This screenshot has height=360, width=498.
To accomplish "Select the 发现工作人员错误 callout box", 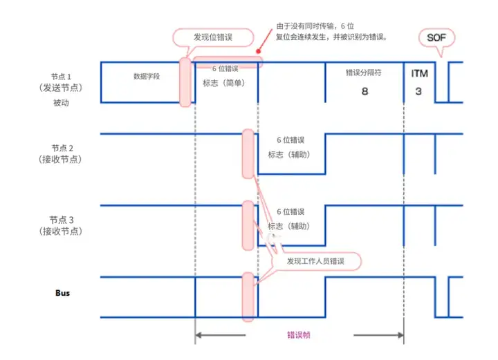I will (315, 262).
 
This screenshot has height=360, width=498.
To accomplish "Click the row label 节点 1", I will (62, 76).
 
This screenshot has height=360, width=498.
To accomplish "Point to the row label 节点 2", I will (62, 148).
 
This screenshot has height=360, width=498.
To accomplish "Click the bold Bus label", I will (63, 292).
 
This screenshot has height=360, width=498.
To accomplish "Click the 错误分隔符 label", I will (364, 73).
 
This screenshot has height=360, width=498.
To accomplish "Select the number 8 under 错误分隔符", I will (365, 91).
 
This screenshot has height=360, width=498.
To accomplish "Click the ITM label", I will (419, 73).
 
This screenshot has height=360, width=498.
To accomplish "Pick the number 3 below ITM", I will (419, 91).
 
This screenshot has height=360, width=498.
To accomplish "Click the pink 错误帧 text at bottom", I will (299, 335).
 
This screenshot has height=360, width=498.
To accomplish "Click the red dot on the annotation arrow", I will (257, 51).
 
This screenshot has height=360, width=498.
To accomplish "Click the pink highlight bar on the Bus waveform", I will (248, 297).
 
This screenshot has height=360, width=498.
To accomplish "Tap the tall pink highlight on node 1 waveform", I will (185, 82).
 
